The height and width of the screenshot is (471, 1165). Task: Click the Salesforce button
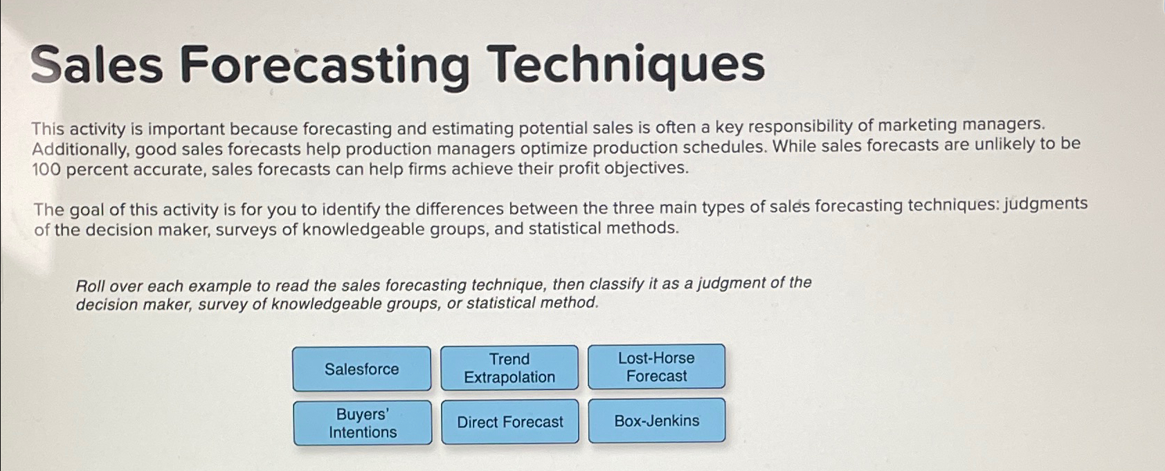tap(361, 369)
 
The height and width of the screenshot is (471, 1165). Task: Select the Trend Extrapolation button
tap(509, 368)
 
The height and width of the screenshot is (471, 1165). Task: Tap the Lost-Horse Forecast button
tap(656, 367)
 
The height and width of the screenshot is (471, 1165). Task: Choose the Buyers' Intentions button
tap(363, 423)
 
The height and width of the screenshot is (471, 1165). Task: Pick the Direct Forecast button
tap(510, 422)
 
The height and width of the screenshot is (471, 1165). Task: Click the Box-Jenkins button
tap(657, 421)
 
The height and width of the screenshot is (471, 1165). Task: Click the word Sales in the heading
tap(97, 64)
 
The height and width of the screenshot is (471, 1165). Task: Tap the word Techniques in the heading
tap(627, 63)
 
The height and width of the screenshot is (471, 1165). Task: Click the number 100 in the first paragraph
tap(46, 170)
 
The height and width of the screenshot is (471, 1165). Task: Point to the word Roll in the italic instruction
tap(90, 286)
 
